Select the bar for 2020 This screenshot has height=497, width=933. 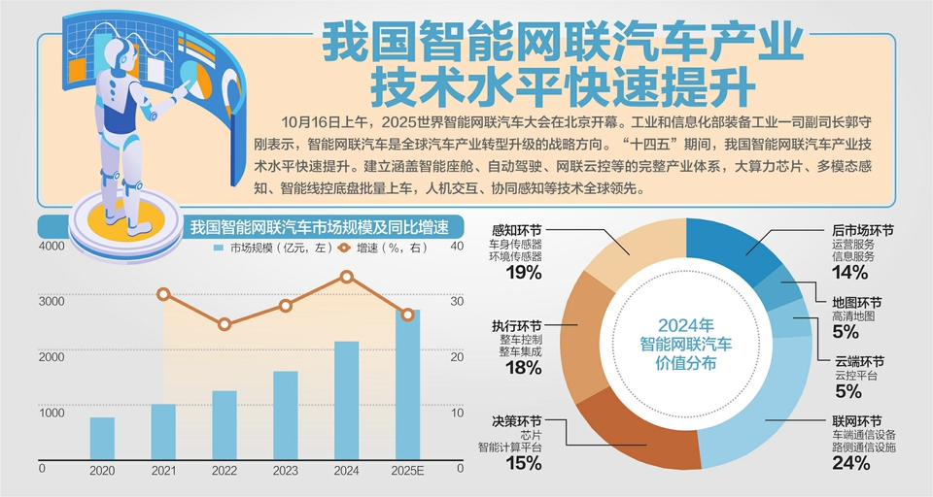102,438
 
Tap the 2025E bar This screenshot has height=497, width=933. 407,384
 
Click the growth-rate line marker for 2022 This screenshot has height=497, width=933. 225,324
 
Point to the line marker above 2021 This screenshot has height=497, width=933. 163,294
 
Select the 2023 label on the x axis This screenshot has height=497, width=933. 285,470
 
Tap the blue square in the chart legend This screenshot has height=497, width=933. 219,248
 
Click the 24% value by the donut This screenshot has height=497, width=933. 850,463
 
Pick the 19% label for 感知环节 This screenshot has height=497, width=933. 523,273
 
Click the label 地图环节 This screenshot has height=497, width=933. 857,303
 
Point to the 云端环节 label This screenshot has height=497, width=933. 857,359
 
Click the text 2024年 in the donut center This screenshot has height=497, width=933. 685,324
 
